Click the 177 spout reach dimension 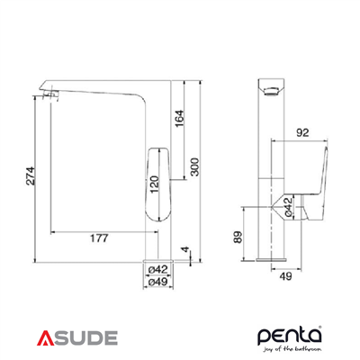point(100,238)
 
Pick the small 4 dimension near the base point(184,248)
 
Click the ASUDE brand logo point(77,338)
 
